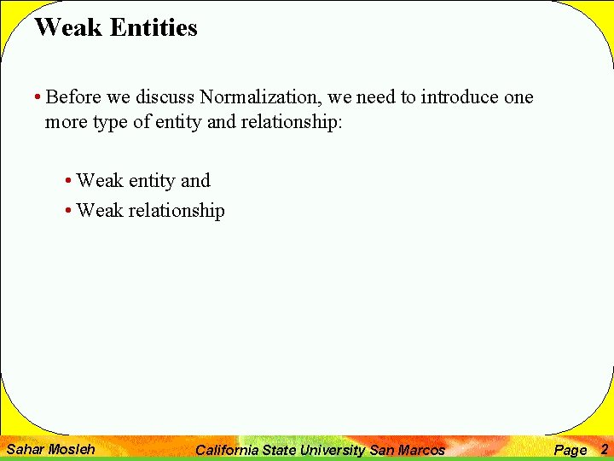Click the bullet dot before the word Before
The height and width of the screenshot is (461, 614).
coord(39,97)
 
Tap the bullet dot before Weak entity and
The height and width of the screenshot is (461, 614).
coord(68,181)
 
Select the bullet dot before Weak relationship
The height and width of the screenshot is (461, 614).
coord(68,211)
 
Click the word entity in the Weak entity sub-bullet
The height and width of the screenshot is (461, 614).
coord(152,181)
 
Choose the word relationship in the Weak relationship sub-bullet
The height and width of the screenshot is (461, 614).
coord(177,211)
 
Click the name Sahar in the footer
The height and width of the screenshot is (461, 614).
coord(26,449)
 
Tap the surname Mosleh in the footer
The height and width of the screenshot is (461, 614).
coord(73,449)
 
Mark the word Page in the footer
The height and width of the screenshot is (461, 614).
coord(571,450)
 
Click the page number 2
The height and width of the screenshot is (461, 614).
coord(604,449)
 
